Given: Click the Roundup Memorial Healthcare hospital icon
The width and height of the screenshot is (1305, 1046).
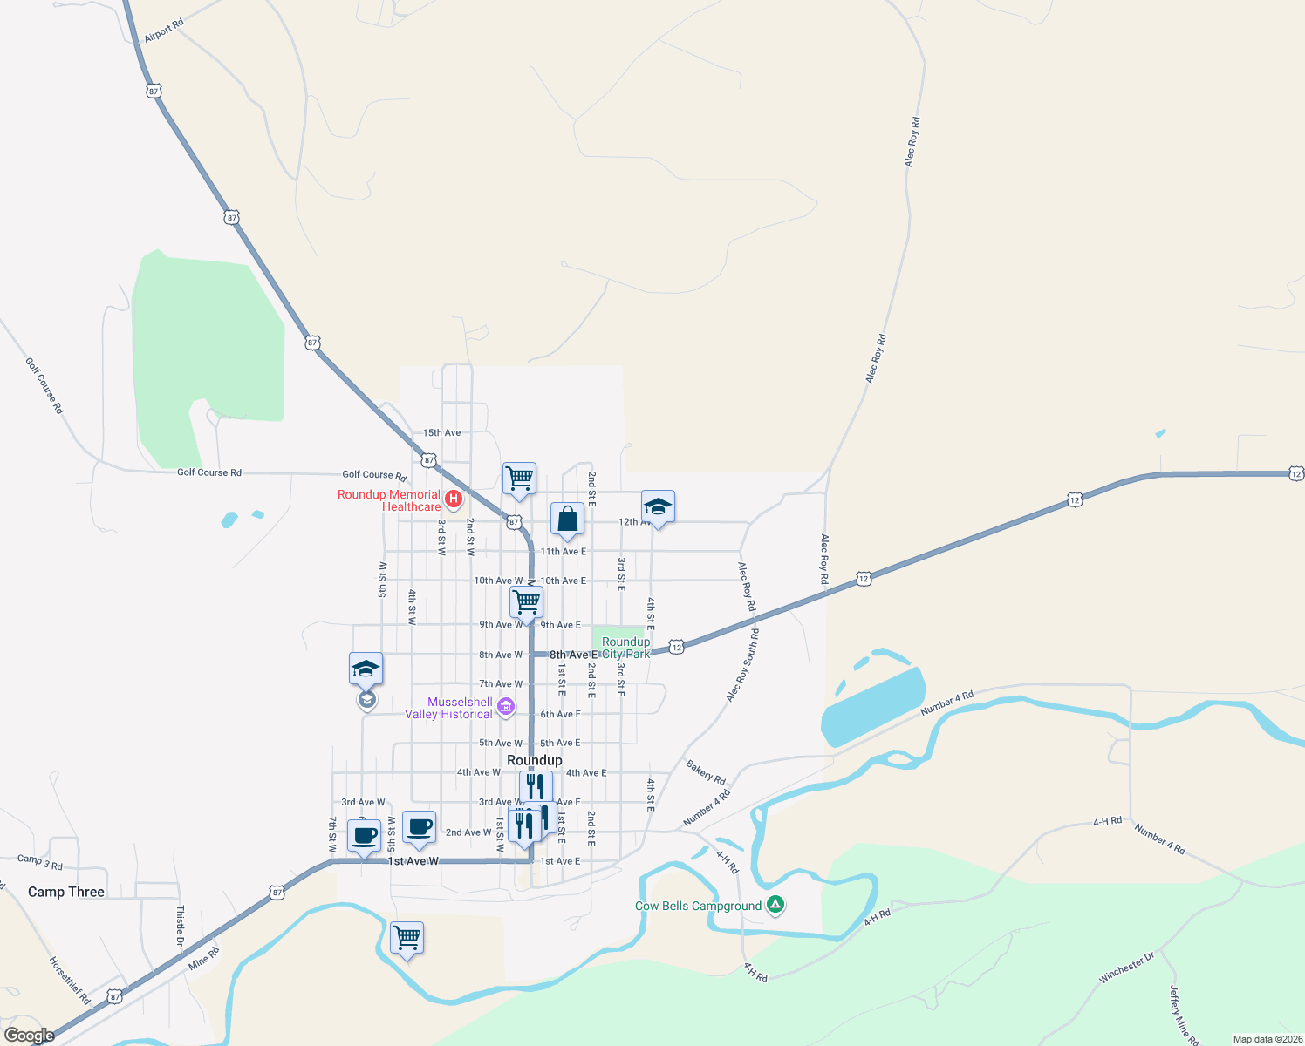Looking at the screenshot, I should [x=454, y=499].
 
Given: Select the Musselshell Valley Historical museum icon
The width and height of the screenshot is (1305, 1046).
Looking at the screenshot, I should [x=506, y=708].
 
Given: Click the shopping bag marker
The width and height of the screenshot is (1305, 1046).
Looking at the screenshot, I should [x=567, y=520].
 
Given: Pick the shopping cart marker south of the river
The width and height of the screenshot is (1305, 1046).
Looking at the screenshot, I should [x=407, y=939].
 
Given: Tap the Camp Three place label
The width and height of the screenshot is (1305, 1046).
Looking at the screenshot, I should [x=66, y=892].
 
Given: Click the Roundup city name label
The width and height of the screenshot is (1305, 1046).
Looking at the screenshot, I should [x=535, y=760].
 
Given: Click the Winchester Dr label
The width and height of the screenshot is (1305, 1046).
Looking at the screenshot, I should [x=1126, y=968].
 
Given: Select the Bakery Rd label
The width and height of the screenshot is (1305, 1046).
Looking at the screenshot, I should [x=706, y=772].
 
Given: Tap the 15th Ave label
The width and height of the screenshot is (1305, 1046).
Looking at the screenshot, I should [x=442, y=432].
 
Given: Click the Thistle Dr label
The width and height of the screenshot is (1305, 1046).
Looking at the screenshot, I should [x=181, y=926].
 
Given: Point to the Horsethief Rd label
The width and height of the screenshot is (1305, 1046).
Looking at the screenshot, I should [x=70, y=981].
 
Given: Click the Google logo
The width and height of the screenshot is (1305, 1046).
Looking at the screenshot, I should [x=29, y=1036].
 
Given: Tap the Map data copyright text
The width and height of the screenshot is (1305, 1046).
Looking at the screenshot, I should [x=1267, y=1039].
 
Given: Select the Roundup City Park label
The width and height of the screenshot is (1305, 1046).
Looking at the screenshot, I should [x=626, y=648].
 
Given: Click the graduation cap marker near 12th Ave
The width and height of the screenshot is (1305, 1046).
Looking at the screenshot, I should [x=658, y=507].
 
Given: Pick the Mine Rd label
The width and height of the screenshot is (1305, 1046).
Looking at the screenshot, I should [x=204, y=958].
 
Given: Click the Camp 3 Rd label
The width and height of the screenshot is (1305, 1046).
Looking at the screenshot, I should [x=40, y=862].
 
